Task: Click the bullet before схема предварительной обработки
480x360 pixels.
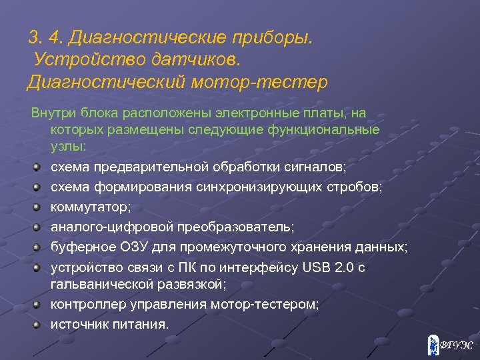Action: (x=38, y=165)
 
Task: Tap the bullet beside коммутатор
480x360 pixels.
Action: (x=38, y=206)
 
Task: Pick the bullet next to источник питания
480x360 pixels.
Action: (x=38, y=324)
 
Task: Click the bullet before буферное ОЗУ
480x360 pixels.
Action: (x=38, y=247)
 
